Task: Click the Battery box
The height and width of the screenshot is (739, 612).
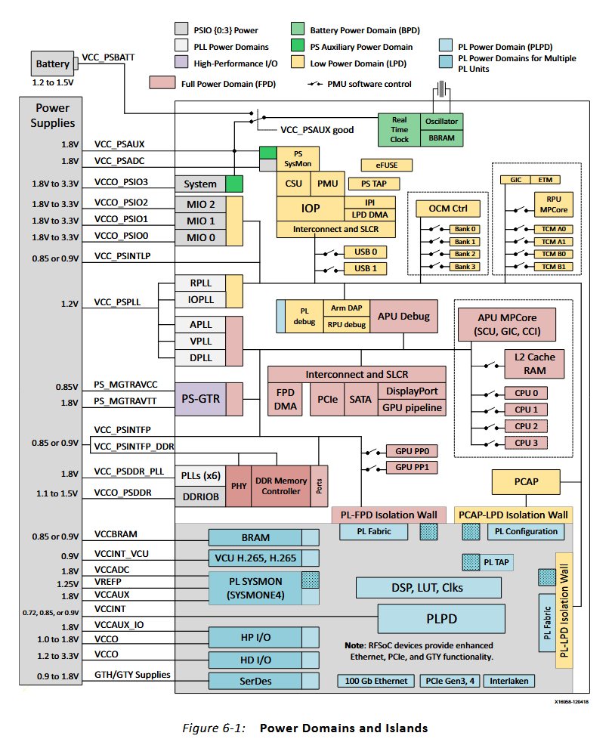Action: (53, 64)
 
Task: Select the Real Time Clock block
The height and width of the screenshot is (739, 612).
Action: (399, 129)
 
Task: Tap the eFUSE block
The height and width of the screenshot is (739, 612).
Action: (376, 165)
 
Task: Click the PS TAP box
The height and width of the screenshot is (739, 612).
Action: (375, 184)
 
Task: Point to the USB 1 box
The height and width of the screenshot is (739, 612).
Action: (365, 268)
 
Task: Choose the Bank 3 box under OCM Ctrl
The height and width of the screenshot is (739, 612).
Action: (465, 267)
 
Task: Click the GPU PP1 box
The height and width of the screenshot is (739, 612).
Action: (411, 467)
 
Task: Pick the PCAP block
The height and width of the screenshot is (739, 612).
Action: (526, 481)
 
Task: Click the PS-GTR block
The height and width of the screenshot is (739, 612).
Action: (200, 397)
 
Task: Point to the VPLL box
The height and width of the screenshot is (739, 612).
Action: (200, 341)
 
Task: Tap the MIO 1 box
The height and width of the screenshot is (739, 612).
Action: (200, 221)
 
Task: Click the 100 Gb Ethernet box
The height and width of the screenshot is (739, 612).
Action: (376, 681)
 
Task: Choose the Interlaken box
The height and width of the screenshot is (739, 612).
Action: (509, 681)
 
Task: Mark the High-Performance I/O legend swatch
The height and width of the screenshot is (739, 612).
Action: (181, 63)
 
